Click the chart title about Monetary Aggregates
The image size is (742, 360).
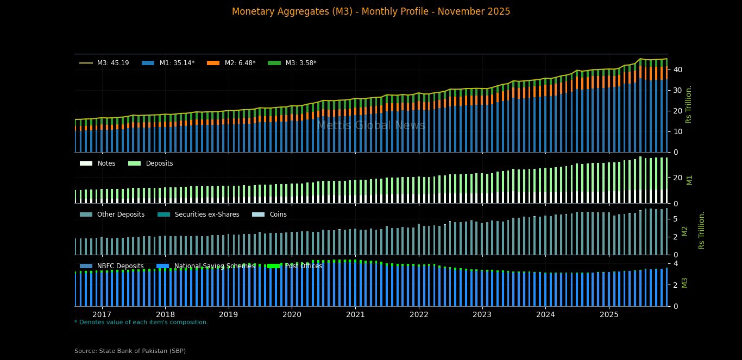click(371, 11)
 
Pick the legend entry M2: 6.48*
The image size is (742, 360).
click(240, 63)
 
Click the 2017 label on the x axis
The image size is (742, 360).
click(102, 314)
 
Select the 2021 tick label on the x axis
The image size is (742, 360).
click(355, 314)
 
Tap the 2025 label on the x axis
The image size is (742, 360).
click(609, 314)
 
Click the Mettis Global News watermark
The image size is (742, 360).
click(371, 125)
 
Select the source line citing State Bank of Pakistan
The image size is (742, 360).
click(130, 351)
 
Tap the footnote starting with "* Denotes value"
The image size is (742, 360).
click(141, 322)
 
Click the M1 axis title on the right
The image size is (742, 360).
click(689, 179)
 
